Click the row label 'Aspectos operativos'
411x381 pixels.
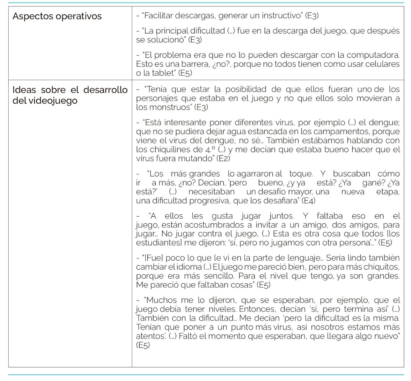(57, 16)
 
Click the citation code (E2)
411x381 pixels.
(223, 158)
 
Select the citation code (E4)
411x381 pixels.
(308, 201)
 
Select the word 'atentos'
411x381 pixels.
(149, 336)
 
